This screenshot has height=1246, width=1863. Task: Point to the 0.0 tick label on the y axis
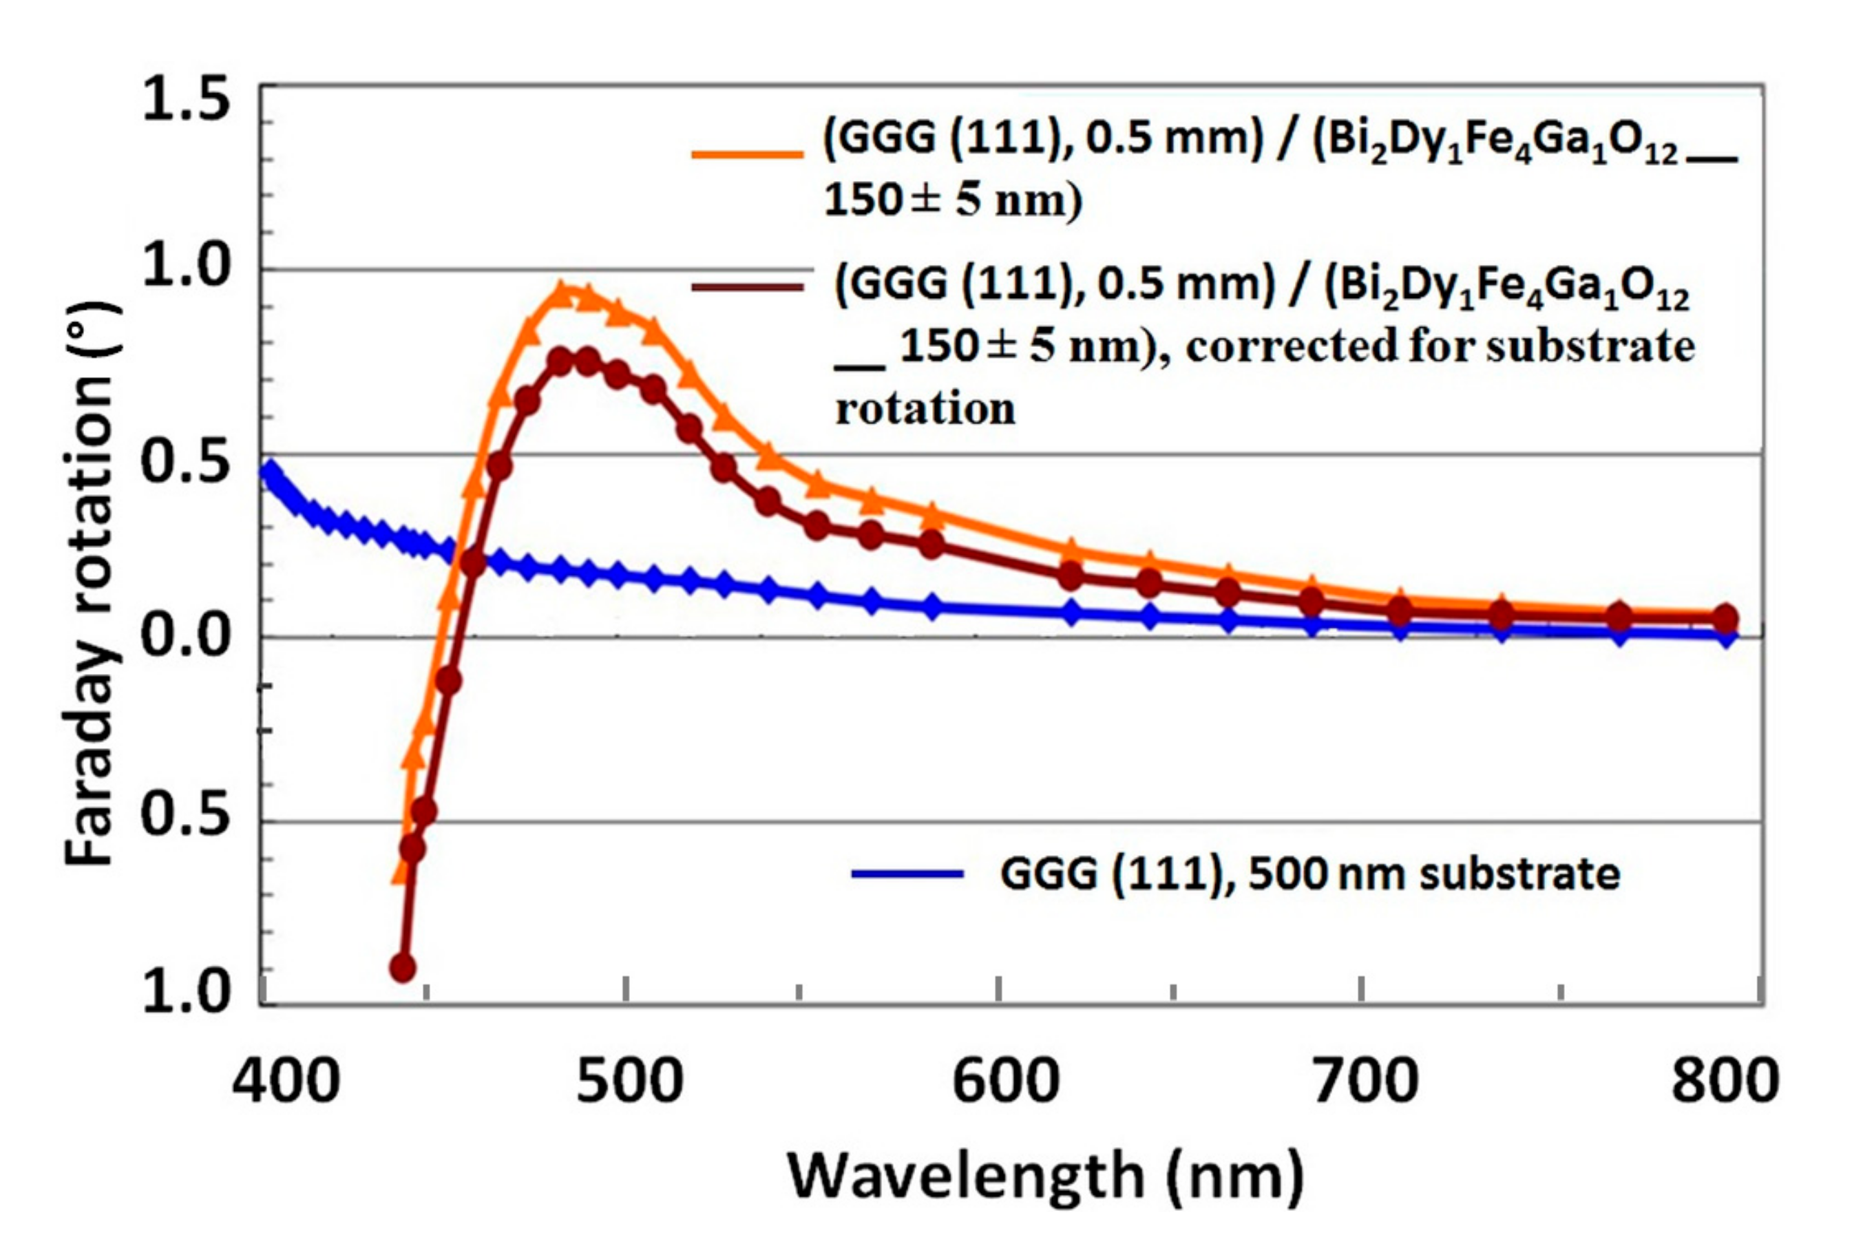coord(185,635)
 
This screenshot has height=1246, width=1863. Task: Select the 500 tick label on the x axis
coord(629,1081)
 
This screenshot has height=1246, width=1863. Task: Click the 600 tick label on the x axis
coord(1005,1081)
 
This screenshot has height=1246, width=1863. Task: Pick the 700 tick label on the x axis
coord(1365,1081)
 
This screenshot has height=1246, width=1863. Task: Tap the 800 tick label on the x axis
coord(1724,1081)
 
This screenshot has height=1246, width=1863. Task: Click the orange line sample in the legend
coord(747,154)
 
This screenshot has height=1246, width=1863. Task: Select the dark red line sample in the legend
coord(747,286)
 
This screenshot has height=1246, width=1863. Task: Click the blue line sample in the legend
coord(907,874)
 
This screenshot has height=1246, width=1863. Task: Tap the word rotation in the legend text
coord(925,409)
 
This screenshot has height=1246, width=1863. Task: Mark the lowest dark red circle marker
coord(402,968)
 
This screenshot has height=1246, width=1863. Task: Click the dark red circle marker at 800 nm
coord(1724,617)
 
